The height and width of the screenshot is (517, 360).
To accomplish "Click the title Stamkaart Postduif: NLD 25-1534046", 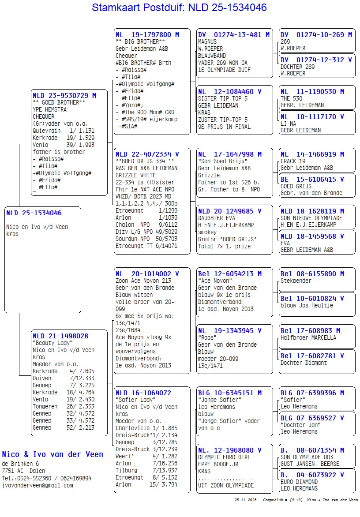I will (179, 7).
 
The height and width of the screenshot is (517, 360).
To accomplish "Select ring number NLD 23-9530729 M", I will (64, 95).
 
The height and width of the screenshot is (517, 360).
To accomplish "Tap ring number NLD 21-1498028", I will (60, 336).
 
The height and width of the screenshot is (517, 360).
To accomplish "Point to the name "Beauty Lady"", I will (52, 343).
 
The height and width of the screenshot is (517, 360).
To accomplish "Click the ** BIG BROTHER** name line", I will (140, 41).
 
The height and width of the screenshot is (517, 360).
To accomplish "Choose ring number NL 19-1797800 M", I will (147, 34).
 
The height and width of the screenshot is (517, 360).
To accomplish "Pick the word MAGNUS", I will (207, 41).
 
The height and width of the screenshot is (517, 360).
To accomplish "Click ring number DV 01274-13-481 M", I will (234, 34).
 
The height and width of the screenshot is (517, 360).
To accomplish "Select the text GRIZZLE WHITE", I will (135, 175).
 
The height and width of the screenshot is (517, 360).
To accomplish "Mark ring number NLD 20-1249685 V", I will (229, 211).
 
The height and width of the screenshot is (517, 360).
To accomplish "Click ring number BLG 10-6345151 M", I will (229, 393).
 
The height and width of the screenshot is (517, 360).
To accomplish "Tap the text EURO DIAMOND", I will (299, 482).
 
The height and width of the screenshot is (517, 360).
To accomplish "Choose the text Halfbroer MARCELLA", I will (308, 337).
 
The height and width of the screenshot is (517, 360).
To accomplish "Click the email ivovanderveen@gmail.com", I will (37, 485).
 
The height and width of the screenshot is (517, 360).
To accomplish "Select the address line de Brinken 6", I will (20, 464).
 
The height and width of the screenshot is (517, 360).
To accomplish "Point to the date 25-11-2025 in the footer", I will (246, 500).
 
